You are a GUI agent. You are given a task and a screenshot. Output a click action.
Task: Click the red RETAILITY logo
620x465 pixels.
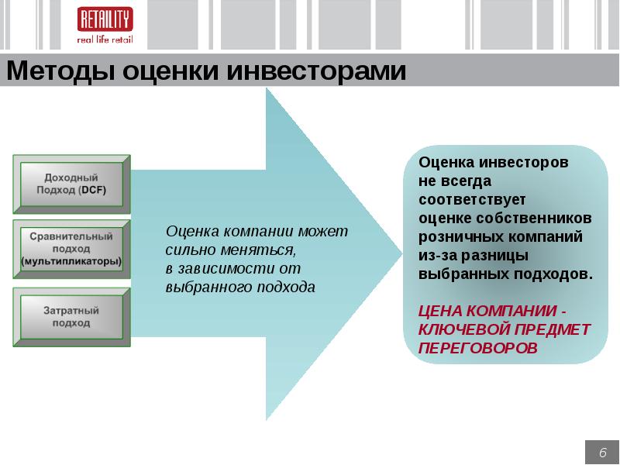(105, 19)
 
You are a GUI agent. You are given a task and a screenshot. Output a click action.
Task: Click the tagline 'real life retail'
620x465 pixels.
(105, 40)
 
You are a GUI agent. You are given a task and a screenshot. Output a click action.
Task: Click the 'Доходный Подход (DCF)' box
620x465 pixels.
(71, 184)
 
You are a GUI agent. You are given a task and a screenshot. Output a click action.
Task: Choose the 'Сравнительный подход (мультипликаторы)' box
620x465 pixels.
(71, 249)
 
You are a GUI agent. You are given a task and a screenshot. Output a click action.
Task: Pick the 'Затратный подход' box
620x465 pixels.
(71, 316)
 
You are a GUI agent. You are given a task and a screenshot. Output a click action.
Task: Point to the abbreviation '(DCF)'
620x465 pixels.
(92, 190)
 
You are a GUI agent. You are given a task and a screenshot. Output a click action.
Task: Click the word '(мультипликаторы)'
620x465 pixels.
(71, 261)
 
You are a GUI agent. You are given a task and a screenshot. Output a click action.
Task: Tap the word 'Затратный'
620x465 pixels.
(71, 310)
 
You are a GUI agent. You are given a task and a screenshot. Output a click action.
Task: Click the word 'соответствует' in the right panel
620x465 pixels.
(472, 198)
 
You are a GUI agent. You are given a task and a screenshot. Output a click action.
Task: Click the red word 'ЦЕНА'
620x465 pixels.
(441, 311)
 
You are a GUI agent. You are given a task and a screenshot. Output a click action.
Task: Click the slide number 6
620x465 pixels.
(601, 453)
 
